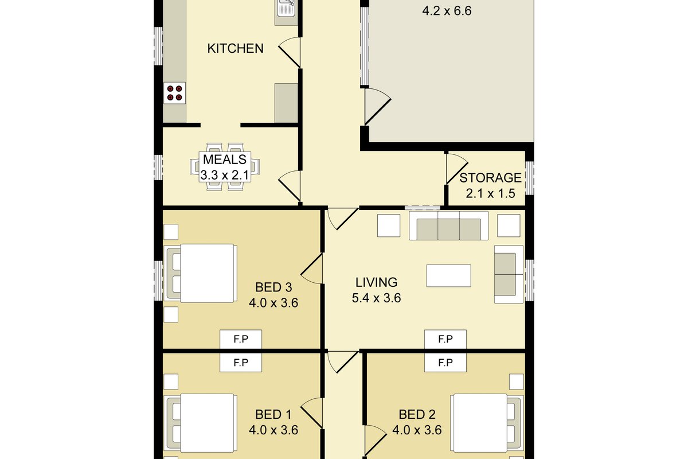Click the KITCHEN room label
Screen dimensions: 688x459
pyautogui.click(x=235, y=49)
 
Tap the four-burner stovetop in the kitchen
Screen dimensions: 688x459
pyautogui.click(x=174, y=93)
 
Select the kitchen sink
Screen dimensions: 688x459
pyautogui.click(x=286, y=7)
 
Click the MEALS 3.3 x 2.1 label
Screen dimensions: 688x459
pyautogui.click(x=225, y=167)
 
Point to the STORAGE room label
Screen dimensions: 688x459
pyautogui.click(x=491, y=178)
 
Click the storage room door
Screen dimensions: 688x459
pyautogui.click(x=457, y=169)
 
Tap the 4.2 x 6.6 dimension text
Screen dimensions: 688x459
pyautogui.click(x=447, y=11)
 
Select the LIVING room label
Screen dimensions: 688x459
pyautogui.click(x=376, y=282)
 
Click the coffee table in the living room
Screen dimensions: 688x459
pyautogui.click(x=449, y=276)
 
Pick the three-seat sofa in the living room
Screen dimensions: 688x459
pyautogui.click(x=449, y=225)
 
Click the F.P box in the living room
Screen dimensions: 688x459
pyautogui.click(x=445, y=339)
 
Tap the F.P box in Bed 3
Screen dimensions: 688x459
pyautogui.click(x=241, y=339)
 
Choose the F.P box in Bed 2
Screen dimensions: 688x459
pyautogui.click(x=445, y=363)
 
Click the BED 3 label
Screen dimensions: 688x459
pyautogui.click(x=273, y=287)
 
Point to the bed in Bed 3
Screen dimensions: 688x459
pyautogui.click(x=201, y=273)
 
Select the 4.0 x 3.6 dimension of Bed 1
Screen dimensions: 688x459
pyautogui.click(x=273, y=430)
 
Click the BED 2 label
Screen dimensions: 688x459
pyautogui.click(x=417, y=415)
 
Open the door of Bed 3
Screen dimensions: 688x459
pyautogui.click(x=312, y=269)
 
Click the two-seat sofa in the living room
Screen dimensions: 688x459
pyautogui.click(x=509, y=274)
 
